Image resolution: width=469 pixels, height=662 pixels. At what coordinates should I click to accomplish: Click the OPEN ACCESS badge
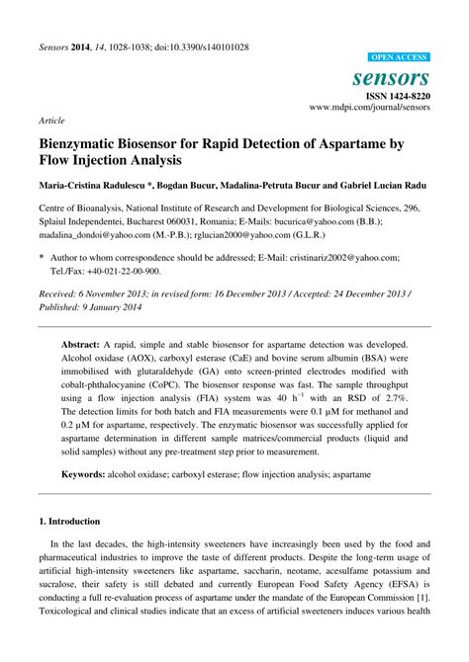click(x=398, y=57)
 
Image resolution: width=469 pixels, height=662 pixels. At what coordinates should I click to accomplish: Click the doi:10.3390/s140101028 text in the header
click(x=199, y=47)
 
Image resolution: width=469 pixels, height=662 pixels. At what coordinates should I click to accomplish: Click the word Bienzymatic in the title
click(x=85, y=143)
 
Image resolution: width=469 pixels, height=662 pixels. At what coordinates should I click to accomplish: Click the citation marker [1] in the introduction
click(x=423, y=599)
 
